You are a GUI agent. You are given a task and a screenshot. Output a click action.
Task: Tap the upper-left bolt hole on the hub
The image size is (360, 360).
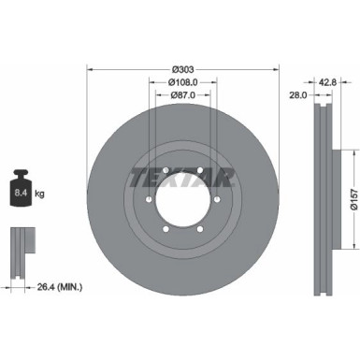(163, 170)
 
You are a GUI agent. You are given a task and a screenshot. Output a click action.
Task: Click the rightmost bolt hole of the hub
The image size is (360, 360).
(215, 201)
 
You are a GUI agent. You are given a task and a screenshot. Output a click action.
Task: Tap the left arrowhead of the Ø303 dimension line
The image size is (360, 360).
(90, 68)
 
